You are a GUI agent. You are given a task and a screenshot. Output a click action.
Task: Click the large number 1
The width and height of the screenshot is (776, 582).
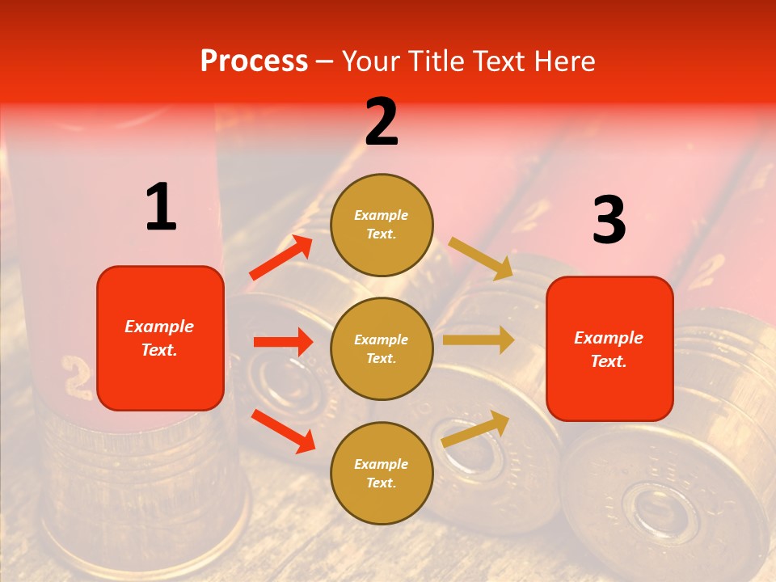[x=161, y=207]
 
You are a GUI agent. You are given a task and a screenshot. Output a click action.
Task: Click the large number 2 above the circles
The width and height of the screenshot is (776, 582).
[x=382, y=122]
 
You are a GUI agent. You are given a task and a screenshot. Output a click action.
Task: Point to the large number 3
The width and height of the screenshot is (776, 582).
[x=609, y=220]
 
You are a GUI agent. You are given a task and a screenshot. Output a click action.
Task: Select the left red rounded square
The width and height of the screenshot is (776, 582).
[x=160, y=338]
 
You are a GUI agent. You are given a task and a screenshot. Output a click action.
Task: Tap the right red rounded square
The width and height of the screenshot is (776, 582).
[x=609, y=348]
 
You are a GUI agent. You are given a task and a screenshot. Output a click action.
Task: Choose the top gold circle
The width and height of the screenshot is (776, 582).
[x=382, y=225]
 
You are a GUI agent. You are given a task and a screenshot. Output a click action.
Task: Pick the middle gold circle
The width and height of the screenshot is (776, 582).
[x=382, y=348]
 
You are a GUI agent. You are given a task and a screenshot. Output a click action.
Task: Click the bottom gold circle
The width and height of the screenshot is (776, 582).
[x=382, y=473]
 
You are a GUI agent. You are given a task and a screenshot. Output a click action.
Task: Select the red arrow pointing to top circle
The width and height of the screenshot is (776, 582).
[x=280, y=258]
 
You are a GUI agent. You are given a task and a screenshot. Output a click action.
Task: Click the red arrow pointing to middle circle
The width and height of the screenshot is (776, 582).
[x=283, y=342]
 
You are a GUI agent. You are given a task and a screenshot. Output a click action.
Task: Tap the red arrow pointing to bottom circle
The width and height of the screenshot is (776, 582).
[x=283, y=430]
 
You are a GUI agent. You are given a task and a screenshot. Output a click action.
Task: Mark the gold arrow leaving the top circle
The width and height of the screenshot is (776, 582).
[x=481, y=259]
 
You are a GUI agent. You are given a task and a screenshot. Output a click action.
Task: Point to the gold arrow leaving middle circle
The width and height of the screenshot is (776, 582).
[x=479, y=340]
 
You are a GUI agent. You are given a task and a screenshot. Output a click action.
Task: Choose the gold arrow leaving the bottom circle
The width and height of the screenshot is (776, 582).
[x=476, y=429]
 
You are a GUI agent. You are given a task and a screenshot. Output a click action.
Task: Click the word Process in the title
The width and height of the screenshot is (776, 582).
[x=254, y=61]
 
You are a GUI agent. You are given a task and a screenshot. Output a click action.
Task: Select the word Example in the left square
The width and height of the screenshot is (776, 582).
[x=159, y=327]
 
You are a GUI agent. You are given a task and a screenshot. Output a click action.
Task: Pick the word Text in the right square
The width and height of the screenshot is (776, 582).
[x=608, y=361]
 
